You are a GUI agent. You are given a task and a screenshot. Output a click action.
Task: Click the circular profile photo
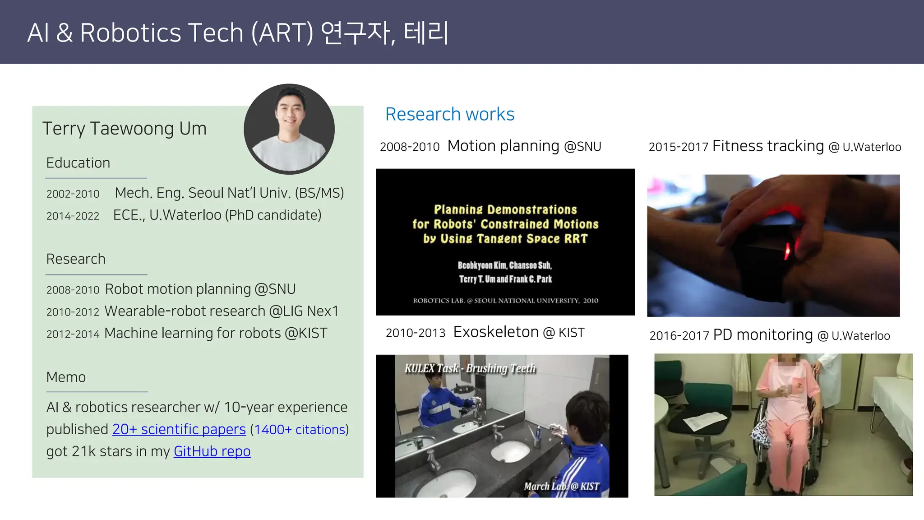(x=289, y=129)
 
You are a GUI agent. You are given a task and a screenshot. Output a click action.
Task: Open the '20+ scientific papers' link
(x=179, y=429)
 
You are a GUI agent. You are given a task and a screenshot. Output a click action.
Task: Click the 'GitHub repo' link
(x=212, y=451)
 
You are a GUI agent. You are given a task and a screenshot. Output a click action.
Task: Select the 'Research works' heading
(x=449, y=114)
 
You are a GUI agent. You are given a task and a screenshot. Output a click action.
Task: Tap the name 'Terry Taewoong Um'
(x=125, y=129)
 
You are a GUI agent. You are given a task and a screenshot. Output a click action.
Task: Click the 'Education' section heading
(x=78, y=163)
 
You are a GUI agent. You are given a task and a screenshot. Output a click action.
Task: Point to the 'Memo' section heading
(x=66, y=377)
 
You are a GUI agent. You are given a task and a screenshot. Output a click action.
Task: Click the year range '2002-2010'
(x=73, y=194)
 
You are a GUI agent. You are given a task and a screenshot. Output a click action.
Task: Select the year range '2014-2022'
(x=73, y=216)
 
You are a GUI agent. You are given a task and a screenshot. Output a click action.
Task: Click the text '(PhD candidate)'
(x=273, y=215)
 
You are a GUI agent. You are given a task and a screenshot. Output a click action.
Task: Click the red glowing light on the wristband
(x=788, y=251)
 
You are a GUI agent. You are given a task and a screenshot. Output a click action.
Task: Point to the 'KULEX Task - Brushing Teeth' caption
(x=470, y=368)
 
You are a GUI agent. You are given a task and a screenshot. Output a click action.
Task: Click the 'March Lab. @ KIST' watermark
(x=561, y=486)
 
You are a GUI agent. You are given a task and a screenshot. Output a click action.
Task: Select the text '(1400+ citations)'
(x=299, y=430)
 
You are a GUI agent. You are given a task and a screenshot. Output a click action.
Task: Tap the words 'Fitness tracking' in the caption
(x=768, y=146)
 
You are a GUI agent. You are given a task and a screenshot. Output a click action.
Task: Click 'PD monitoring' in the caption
(x=762, y=335)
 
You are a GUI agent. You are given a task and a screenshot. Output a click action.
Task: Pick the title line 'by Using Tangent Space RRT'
(x=505, y=239)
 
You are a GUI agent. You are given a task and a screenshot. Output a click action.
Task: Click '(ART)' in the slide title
(x=282, y=33)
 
